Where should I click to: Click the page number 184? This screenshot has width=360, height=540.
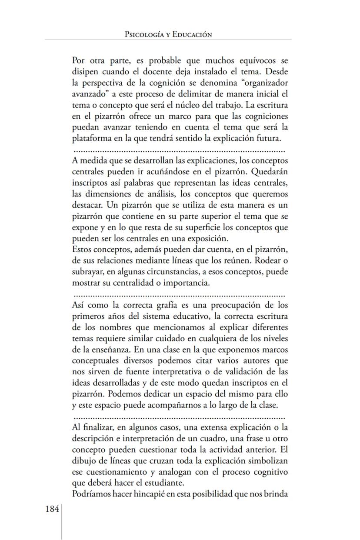click(52, 509)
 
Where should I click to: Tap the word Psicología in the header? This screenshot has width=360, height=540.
click(142, 34)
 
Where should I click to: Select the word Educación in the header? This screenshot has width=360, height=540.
click(192, 34)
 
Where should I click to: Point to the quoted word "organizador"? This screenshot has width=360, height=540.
click(262, 83)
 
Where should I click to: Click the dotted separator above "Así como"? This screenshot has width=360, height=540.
click(178, 295)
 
